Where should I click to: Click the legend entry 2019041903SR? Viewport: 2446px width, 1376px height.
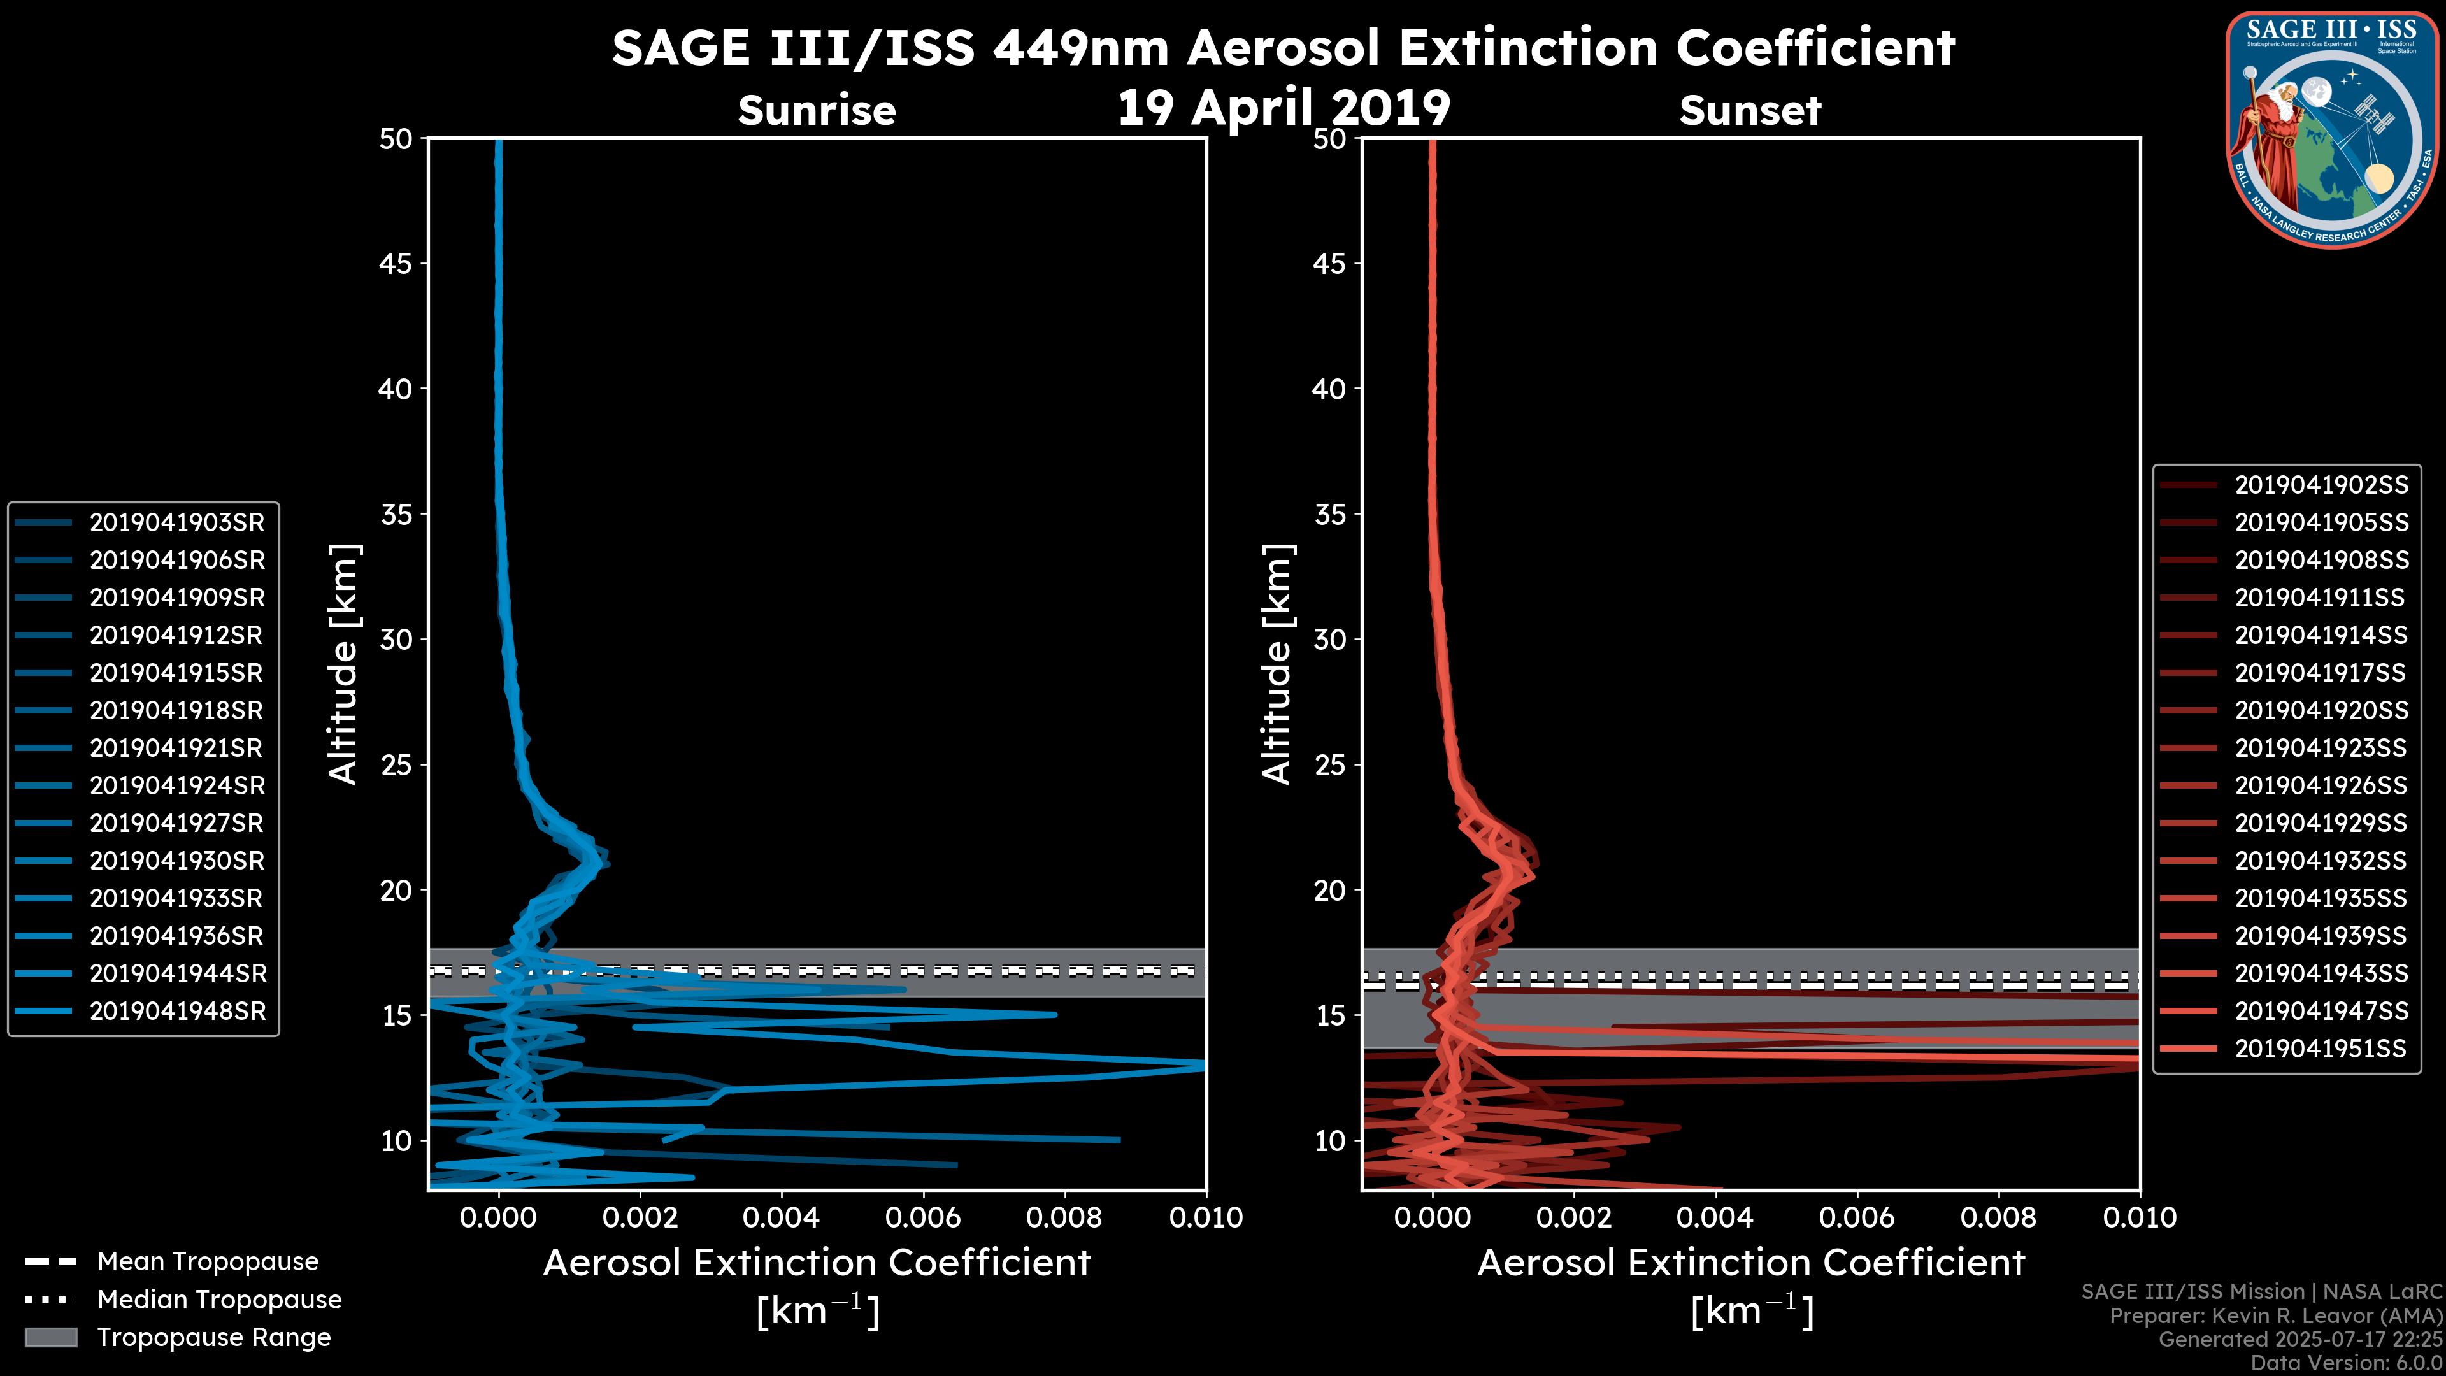(176, 522)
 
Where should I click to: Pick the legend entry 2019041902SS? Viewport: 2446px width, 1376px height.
(2321, 485)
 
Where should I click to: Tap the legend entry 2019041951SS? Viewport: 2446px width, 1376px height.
(2320, 1049)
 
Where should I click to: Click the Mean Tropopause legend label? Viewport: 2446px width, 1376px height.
(208, 1262)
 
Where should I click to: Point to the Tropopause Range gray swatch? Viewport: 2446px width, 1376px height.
(50, 1338)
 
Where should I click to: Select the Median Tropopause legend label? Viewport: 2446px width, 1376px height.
(219, 1300)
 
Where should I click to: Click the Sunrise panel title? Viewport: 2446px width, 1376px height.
(817, 110)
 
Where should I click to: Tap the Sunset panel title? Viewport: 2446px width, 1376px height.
(1750, 110)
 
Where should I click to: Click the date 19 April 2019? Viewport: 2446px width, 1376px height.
(1284, 107)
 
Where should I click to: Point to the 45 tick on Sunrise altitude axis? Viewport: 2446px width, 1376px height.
(396, 264)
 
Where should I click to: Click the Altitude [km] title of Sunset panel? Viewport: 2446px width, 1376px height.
(1277, 664)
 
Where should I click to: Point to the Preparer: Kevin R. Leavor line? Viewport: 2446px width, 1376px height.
(2275, 1316)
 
